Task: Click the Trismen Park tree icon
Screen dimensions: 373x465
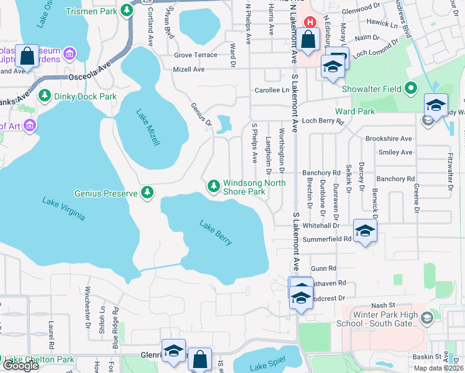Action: [127, 10]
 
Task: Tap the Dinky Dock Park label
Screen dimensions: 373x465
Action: [86, 96]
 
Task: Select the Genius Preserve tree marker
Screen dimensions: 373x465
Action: [147, 193]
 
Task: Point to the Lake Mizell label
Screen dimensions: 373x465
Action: [148, 127]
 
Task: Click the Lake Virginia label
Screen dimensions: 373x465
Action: [63, 210]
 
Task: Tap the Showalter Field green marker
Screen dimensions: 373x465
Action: [410, 88]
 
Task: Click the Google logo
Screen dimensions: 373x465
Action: [21, 366]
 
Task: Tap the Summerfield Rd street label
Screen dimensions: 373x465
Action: [327, 239]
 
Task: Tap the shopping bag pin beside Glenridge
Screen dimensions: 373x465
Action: [200, 359]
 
